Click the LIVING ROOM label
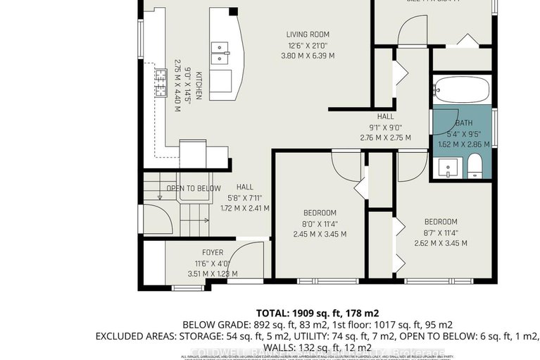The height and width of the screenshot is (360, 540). pos(308,34)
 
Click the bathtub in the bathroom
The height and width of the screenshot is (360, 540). pos(461,91)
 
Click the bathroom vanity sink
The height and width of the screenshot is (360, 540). pos(448,167)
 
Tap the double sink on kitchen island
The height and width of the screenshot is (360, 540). pos(220,51)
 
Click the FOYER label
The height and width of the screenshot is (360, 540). pos(213,252)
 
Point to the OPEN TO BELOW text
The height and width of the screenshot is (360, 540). pos(194,188)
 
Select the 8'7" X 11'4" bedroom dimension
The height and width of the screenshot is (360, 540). pos(441,232)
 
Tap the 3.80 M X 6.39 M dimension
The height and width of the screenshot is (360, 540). pos(308,55)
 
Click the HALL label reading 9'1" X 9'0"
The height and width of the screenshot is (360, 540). pos(385,128)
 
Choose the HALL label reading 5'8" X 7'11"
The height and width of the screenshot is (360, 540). pos(244,198)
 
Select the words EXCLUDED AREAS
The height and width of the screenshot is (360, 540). pos(135,337)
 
